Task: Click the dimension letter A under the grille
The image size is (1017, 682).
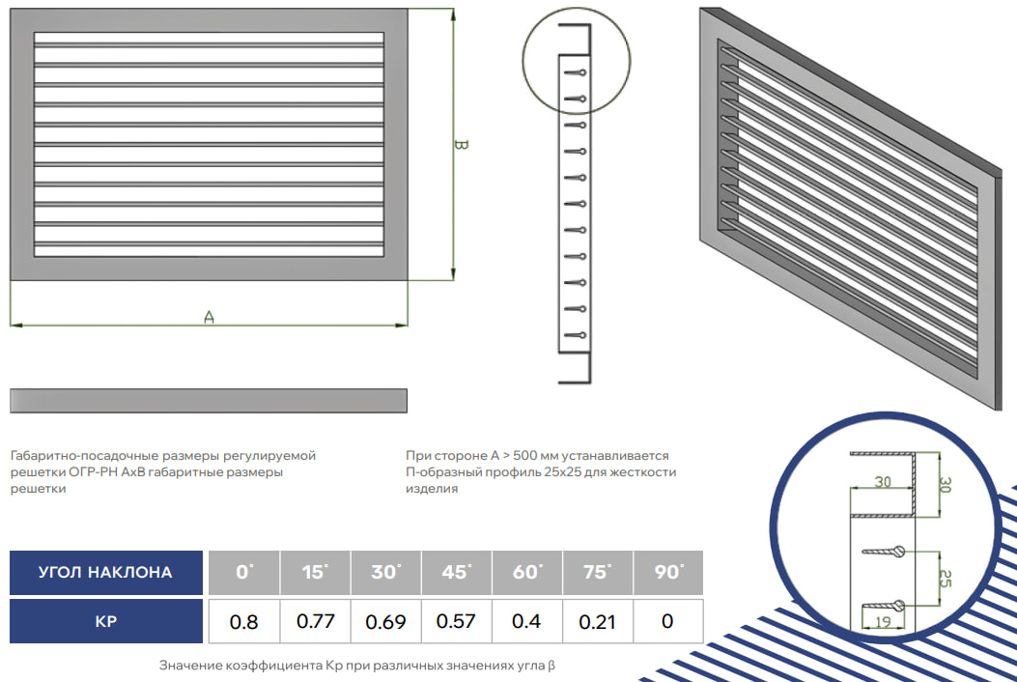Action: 209,317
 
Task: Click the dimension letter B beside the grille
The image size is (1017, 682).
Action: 460,144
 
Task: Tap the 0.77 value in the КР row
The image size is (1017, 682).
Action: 315,621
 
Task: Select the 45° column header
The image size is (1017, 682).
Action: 457,572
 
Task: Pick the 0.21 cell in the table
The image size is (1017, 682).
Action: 597,622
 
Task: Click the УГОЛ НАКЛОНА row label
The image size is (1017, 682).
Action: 105,572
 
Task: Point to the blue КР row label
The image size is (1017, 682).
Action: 105,621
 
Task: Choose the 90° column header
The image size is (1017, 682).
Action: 668,572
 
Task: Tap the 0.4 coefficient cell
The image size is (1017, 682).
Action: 526,621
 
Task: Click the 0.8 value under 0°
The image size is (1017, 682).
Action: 244,622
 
